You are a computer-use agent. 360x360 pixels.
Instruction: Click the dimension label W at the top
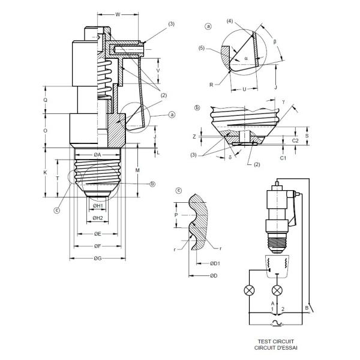(x=117, y=13)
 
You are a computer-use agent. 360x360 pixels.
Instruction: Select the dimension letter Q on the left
(x=46, y=100)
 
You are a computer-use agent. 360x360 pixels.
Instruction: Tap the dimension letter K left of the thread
(x=46, y=172)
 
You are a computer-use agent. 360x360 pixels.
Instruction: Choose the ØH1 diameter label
(x=98, y=206)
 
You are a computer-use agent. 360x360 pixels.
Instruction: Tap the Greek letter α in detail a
(x=246, y=58)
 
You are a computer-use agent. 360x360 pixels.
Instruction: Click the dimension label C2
(x=295, y=140)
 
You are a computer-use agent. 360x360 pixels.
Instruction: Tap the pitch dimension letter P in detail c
(x=176, y=213)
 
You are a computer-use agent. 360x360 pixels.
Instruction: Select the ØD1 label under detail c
(x=215, y=263)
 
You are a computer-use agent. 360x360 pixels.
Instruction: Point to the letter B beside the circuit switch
(x=307, y=308)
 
